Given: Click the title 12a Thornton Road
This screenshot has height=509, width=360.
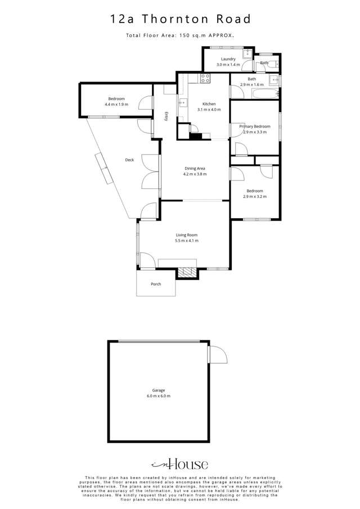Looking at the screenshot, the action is tap(181, 19).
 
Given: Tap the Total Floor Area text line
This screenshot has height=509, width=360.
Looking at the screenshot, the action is tap(180, 35).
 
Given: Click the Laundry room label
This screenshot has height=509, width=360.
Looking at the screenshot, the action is tap(228, 59).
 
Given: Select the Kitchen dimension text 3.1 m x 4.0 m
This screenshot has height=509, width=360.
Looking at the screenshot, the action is tap(209, 110).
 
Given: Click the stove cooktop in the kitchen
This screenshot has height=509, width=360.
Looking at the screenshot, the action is tap(205, 78).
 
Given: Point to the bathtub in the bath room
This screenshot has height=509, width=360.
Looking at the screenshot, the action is tap(265, 94).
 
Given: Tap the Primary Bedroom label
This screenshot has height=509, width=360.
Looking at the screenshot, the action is tap(255, 127).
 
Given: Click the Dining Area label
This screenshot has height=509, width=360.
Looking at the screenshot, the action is tap(195, 169).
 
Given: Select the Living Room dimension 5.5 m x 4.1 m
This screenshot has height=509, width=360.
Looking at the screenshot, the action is tap(187, 241).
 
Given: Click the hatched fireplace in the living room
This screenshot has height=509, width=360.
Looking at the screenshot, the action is tap(187, 272).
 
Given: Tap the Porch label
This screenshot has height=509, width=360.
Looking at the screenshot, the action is tap(156, 284).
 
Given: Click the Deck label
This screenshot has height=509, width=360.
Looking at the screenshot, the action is tap(129, 160).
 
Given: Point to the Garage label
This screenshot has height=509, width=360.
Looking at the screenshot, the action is tap(159, 390).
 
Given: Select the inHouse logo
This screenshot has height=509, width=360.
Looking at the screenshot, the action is tap(179, 465).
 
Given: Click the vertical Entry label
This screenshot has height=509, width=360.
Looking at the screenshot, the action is tap(166, 116).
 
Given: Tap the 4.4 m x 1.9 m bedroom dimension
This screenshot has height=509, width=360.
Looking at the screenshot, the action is tap(116, 105).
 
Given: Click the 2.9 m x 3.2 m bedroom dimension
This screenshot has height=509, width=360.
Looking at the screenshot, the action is tap(255, 197).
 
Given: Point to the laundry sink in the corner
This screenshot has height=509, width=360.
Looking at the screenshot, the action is tap(248, 53).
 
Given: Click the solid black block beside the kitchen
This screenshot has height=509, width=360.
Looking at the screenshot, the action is tap(195, 136).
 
